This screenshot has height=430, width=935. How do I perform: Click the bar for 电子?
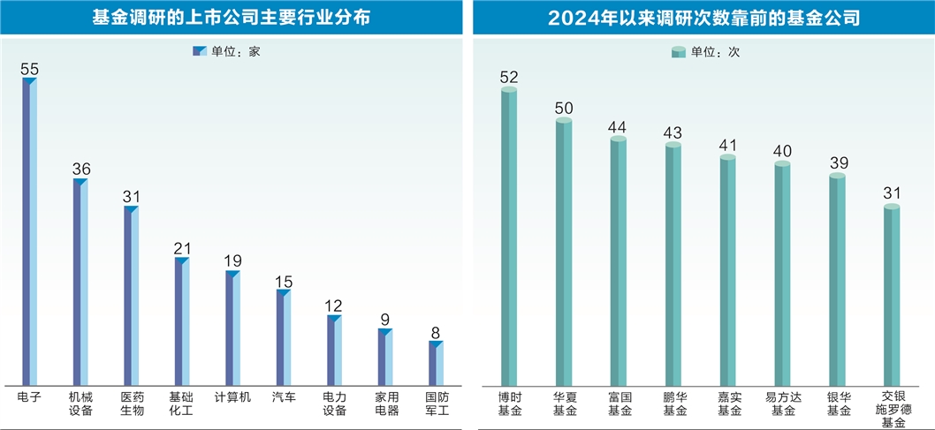coord(29,231)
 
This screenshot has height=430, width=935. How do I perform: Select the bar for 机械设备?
coord(80,283)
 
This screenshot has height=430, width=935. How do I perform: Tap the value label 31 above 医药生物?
coord(132,196)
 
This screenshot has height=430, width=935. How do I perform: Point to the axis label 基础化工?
coord(181,404)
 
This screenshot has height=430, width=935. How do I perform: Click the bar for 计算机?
coord(232,328)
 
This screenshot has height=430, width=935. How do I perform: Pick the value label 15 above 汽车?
coord(283,281)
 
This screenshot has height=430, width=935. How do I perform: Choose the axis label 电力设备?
coord(334,404)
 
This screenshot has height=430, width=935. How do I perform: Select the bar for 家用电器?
coord(385,357)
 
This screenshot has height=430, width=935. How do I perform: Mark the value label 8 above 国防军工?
coord(436,331)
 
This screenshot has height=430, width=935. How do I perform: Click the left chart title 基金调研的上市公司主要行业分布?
coord(232,17)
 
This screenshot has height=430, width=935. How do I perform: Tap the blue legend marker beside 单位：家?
coord(200,52)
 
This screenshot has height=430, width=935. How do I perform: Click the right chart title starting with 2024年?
coord(703,17)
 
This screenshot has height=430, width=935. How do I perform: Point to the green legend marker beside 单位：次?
coord(679,52)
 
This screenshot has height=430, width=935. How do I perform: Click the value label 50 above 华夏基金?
coord(564,109)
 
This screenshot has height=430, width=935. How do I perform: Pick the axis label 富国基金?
coord(619,404)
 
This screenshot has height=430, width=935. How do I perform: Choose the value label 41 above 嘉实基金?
coord(728,145)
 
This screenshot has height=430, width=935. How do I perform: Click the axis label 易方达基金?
coord(783,404)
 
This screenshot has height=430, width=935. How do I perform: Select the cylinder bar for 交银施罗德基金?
coord(892,296)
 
